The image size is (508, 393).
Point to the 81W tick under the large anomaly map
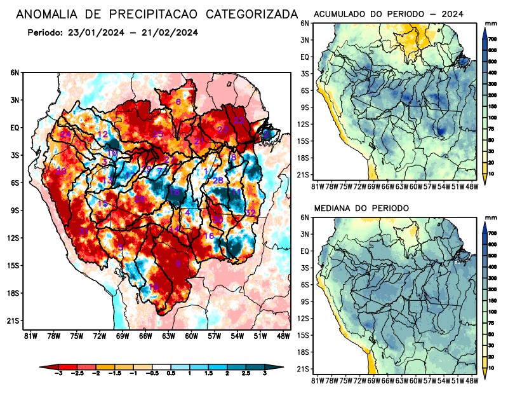click(29, 335)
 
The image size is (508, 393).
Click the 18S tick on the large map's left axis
click(13, 293)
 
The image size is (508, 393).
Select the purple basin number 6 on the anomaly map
click(178, 102)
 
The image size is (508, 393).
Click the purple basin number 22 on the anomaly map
click(239, 120)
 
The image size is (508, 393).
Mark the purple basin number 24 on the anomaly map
click(65, 134)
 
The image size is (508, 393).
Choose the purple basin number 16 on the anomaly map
click(209, 237)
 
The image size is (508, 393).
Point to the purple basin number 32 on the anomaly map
click(250, 212)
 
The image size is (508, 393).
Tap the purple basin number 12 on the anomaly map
click(103, 134)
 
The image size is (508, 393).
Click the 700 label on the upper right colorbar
click(492, 39)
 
